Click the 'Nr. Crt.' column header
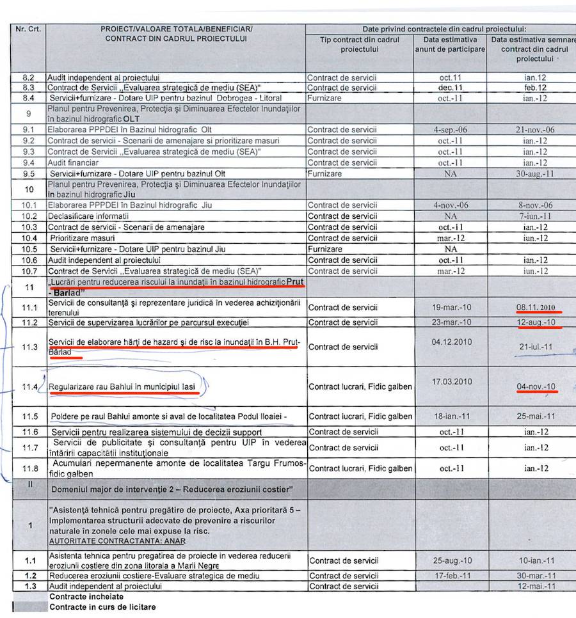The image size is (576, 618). [29, 29]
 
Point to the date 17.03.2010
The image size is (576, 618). [451, 381]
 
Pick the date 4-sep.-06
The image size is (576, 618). [451, 129]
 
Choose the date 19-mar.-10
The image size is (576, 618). [451, 306]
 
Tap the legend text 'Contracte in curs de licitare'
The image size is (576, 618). [102, 606]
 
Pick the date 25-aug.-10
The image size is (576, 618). [451, 560]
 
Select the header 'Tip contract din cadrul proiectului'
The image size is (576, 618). [360, 44]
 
